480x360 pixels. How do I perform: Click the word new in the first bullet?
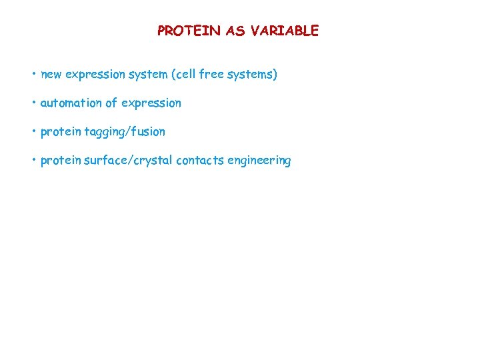51,75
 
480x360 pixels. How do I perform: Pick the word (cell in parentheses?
186,75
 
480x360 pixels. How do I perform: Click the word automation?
72,103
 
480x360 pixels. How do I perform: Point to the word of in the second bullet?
113,103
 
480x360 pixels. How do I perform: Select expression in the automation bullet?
151,103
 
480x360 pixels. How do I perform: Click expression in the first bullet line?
94,75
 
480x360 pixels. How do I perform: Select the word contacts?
200,161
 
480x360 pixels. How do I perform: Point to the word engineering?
259,161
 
